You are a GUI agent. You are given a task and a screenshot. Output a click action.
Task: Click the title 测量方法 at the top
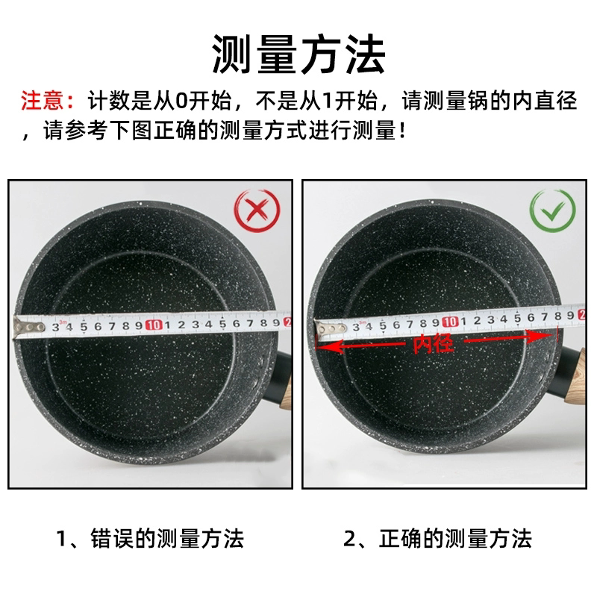298,54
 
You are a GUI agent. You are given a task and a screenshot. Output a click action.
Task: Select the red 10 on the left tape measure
154,325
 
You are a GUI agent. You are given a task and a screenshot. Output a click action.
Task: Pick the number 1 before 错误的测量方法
63,537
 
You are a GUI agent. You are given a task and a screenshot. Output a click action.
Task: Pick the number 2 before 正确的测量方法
350,537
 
